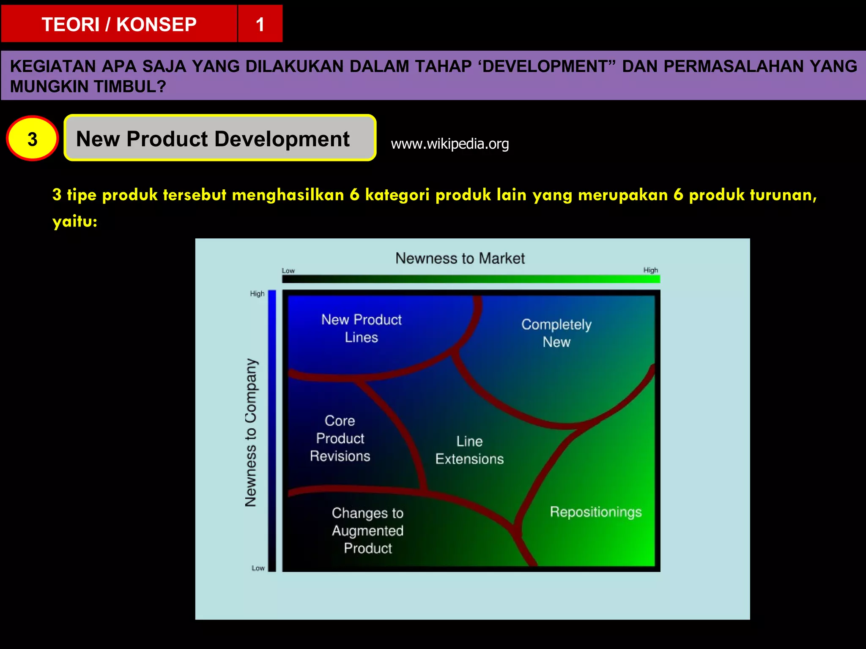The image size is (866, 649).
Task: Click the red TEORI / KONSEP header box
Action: pos(119,24)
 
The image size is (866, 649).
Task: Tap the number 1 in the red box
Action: pos(260,24)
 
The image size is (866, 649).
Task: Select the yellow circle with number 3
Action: pos(32,139)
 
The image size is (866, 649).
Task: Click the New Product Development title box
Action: pos(219,138)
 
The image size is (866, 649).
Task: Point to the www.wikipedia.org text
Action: pos(449,144)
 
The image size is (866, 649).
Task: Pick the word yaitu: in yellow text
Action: pos(75,221)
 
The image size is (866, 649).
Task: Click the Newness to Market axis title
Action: pos(460,258)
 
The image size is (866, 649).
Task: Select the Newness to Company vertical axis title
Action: pos(251,432)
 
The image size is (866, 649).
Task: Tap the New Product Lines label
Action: pos(361,328)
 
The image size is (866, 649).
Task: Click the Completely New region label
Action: pos(556,333)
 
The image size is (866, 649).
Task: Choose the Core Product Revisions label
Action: pos(340,438)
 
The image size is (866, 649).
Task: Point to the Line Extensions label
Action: pos(469,450)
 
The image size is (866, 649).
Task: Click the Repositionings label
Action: pos(595,512)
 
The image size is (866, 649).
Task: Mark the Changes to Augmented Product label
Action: pos(367,530)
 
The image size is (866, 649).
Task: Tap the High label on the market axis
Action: pos(650,270)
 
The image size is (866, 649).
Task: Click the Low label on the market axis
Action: pos(288,270)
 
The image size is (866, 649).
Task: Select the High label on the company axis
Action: pos(257,294)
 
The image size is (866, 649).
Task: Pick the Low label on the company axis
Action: pos(258,568)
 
